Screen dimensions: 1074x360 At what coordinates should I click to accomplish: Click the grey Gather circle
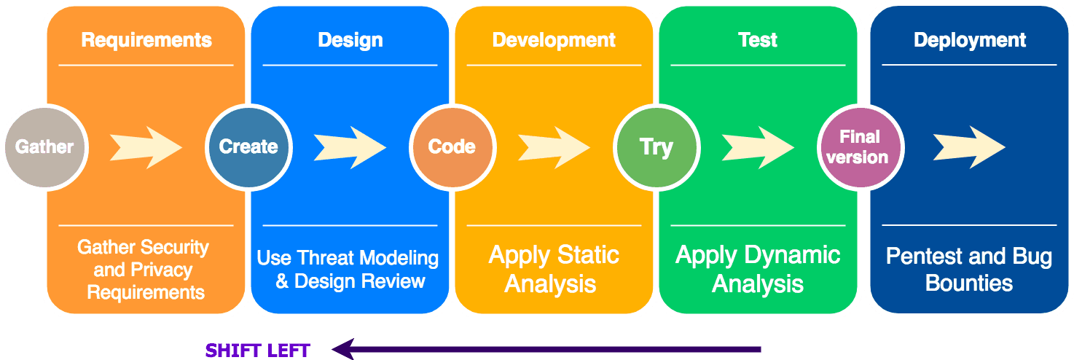coord(46,147)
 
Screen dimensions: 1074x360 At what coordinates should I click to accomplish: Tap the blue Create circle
coord(249,147)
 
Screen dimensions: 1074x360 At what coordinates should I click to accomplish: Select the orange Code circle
coord(452,147)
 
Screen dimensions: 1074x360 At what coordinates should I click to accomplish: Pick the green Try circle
coord(656,147)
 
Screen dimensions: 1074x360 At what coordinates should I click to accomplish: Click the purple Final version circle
coord(861,147)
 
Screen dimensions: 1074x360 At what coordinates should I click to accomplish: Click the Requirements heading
coord(146,40)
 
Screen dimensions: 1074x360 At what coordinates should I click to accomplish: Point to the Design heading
coord(350,40)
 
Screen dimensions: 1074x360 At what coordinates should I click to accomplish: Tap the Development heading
coord(554,40)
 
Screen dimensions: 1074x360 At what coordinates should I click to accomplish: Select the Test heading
coord(758,40)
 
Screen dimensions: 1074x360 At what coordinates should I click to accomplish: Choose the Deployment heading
coord(970,40)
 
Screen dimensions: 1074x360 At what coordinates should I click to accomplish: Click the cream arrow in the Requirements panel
coord(146,148)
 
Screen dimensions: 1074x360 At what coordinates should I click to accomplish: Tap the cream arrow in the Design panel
coord(350,148)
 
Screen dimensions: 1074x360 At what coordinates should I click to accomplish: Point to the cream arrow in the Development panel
coord(554,148)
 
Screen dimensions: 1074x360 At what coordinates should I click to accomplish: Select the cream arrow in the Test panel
coord(758,148)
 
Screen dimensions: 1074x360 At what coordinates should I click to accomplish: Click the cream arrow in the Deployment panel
coord(969,148)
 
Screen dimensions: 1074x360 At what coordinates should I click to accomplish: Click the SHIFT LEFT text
coord(257,351)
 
